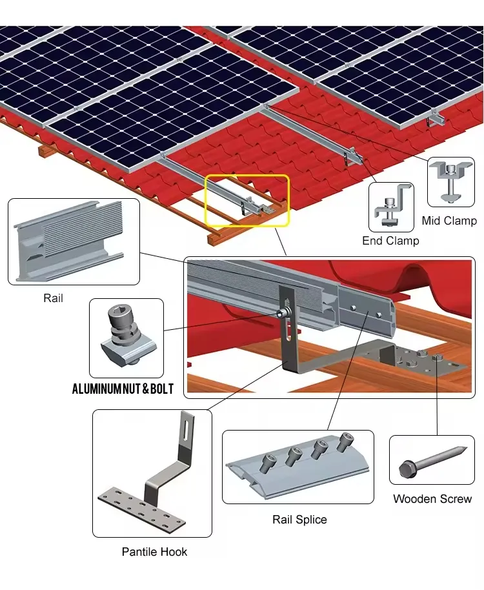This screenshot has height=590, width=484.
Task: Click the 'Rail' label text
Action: pos(53,298)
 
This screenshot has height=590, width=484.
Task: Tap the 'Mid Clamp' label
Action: pos(449,221)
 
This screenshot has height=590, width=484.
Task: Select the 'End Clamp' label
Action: pos(390,241)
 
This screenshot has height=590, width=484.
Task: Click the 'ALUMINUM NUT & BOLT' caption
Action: pos(123,389)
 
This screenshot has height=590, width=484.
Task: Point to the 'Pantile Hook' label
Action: pos(154,551)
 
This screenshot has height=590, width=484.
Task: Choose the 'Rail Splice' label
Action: pos(299,519)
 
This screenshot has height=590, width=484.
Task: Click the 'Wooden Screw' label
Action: pos(432,498)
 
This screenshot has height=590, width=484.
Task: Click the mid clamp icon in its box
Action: pos(451,181)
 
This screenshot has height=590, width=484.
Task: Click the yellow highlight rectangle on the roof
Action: pos(247,200)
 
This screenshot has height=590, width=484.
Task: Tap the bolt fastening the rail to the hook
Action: pos(282,314)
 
